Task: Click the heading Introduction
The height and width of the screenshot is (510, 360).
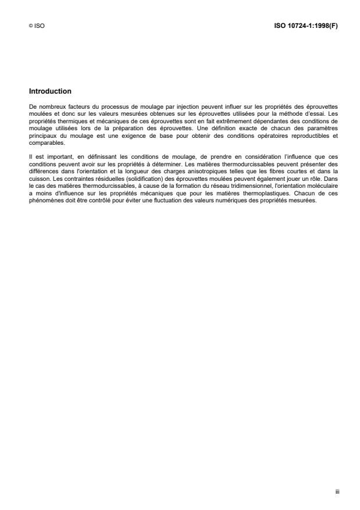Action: tap(50, 91)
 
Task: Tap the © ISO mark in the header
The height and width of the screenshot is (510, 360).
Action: tap(36, 26)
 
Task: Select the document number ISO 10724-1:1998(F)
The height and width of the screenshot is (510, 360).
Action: tap(306, 26)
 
